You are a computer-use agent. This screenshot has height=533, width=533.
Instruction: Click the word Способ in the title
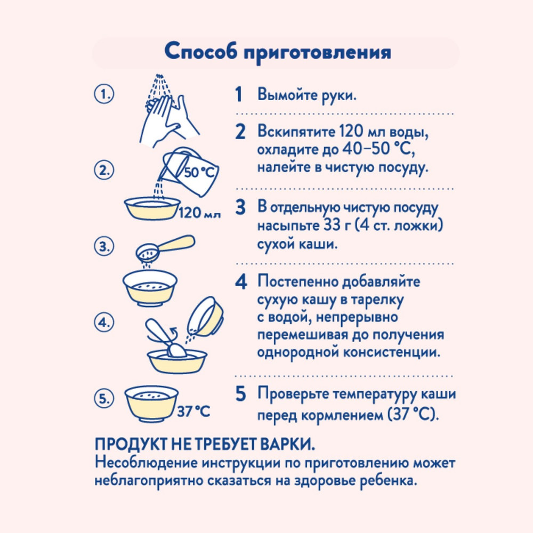coord(200,52)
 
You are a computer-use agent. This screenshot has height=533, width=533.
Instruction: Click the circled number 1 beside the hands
coord(104,94)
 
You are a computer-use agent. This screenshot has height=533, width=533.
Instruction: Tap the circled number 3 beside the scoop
coord(104,246)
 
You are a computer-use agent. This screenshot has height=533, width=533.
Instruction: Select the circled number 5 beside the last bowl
coord(104,398)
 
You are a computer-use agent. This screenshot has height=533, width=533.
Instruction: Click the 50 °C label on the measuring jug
coord(199,172)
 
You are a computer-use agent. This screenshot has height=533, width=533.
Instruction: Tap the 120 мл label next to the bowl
coord(200,213)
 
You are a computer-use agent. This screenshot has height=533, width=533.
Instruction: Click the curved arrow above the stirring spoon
coord(173,332)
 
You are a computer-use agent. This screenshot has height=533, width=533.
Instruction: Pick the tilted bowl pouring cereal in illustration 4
coord(205,317)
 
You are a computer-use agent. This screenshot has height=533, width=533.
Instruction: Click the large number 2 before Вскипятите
coord(240,132)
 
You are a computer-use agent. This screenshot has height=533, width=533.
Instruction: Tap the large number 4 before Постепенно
coord(241,282)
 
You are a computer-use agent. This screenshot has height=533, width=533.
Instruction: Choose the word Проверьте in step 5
coord(292,394)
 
